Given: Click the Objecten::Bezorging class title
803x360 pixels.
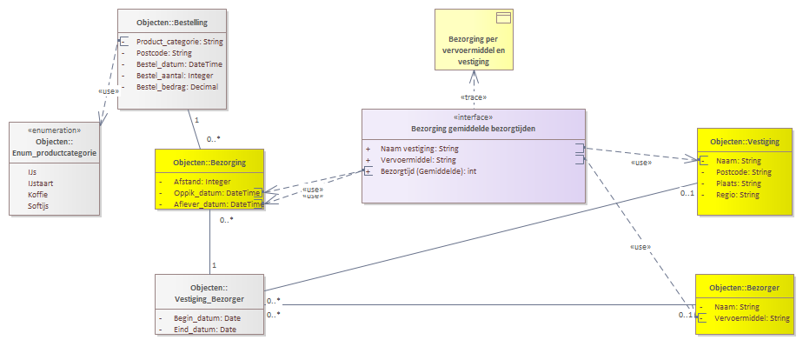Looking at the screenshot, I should [209, 163].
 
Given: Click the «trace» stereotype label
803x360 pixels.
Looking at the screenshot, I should [473, 97].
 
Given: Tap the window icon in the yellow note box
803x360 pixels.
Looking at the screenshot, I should [501, 18].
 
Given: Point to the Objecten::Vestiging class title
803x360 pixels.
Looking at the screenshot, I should [745, 141].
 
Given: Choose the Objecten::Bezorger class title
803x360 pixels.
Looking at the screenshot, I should [745, 287].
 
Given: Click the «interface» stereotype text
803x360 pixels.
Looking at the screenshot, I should [473, 117].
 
